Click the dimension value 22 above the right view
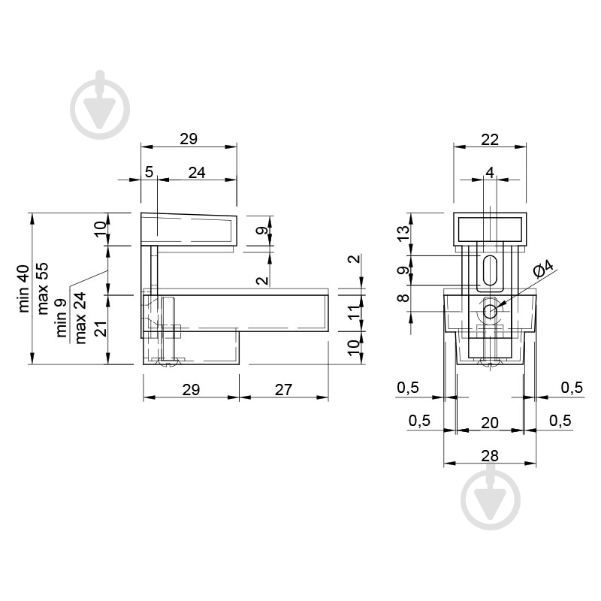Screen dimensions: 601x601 490,140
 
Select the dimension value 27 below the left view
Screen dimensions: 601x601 283,390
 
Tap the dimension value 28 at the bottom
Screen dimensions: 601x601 490,456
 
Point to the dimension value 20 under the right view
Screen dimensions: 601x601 490,423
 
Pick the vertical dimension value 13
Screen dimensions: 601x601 403,234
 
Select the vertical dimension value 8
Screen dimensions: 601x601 403,297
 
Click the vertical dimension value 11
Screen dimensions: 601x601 355,311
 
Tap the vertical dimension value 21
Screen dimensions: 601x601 101,329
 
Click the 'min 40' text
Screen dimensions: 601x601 23,288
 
